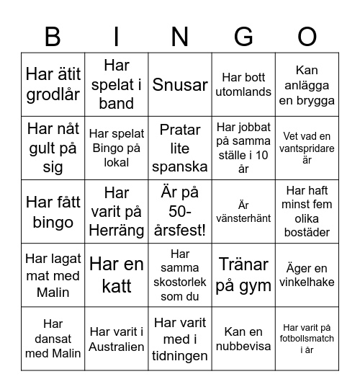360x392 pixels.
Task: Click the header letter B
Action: tap(52, 37)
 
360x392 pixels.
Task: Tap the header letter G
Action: tap(243, 37)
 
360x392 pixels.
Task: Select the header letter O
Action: tap(307, 37)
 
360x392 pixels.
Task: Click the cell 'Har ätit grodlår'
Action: tap(53, 84)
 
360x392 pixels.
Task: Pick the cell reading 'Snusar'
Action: tap(180, 84)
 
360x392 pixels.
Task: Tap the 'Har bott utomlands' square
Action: tap(243, 84)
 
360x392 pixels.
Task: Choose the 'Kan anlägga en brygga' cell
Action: tap(307, 85)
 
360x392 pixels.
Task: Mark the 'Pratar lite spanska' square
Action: tap(180, 148)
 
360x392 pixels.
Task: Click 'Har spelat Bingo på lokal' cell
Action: tap(117, 148)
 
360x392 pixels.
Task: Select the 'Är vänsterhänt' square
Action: tap(243, 211)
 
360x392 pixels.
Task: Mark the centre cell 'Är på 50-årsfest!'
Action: tap(180, 211)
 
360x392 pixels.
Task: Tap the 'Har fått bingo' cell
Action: tap(53, 211)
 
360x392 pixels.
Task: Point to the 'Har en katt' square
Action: tap(117, 275)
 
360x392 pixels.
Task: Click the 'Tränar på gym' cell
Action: tap(243, 275)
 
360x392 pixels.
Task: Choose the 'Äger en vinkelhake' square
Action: tap(307, 275)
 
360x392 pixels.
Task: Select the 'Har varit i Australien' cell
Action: tap(117, 339)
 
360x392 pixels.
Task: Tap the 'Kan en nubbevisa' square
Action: tap(243, 339)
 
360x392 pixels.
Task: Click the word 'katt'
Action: tap(117, 285)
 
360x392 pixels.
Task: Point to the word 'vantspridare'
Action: tap(307, 148)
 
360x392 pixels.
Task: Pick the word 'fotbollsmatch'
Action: tap(307, 339)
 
